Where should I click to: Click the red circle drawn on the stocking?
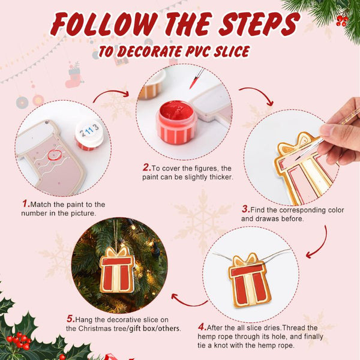click(55, 155)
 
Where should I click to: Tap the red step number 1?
click(26, 203)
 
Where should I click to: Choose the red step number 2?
click(146, 167)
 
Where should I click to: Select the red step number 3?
click(245, 209)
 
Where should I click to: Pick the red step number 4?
click(202, 327)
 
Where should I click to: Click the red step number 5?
click(71, 319)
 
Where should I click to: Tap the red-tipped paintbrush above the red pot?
click(197, 78)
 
